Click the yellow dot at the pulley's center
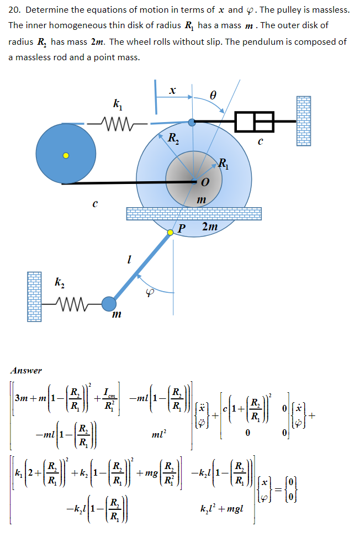[x=65, y=155]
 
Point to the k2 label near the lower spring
[x=60, y=283]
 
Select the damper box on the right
[x=254, y=122]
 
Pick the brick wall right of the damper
[x=304, y=121]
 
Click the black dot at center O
[x=194, y=181]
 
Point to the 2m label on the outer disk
[x=210, y=227]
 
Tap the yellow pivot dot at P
[x=171, y=233]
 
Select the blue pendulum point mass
[x=109, y=304]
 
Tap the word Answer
[x=26, y=370]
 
